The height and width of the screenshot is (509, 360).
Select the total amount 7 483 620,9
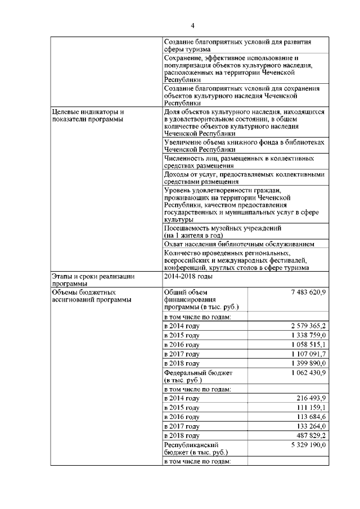[x=304, y=292]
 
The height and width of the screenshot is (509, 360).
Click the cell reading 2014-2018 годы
[x=188, y=277]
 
